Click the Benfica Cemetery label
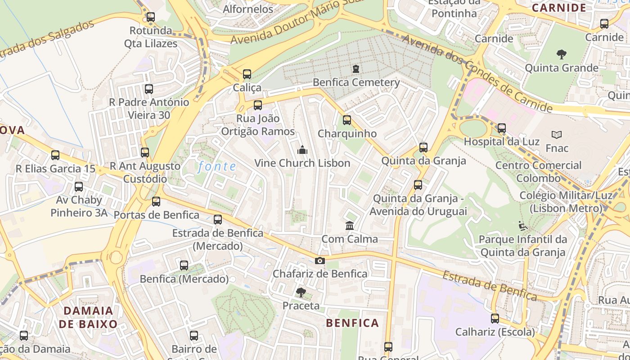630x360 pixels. tap(356, 82)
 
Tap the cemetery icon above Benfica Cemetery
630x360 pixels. tap(356, 69)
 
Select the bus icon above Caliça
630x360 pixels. tap(247, 74)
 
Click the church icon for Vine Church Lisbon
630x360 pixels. tap(302, 150)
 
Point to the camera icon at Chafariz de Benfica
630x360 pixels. tap(319, 261)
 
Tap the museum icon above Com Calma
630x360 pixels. tap(350, 225)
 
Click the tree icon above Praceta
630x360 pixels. tap(301, 293)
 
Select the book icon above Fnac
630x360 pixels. tap(557, 135)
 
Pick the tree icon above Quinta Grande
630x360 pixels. tap(561, 55)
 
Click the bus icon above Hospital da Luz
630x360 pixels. tap(501, 128)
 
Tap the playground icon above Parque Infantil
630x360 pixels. tap(522, 225)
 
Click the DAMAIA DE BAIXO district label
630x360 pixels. tap(88, 317)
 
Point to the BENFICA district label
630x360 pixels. tap(352, 323)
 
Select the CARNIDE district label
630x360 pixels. tap(559, 8)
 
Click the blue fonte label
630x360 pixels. tap(217, 166)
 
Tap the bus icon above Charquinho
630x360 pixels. tap(346, 120)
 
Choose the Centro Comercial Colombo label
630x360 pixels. tap(538, 171)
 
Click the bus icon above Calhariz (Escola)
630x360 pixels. tap(495, 319)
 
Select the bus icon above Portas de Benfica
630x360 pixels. tap(156, 202)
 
